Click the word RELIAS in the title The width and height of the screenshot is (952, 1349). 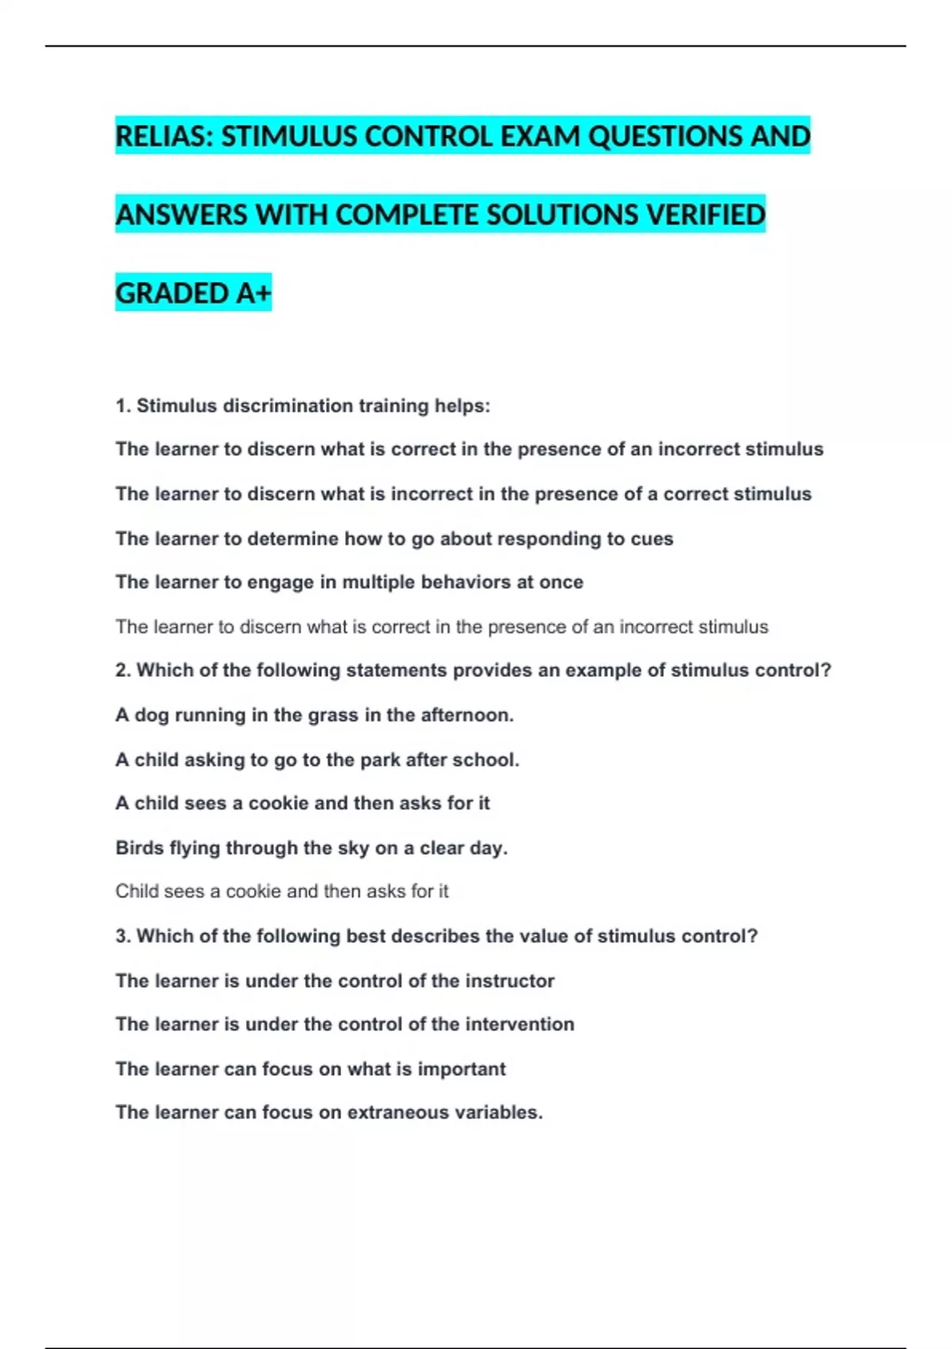(163, 136)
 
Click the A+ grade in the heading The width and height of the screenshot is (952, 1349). (253, 294)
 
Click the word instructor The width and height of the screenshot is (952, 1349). (509, 981)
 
